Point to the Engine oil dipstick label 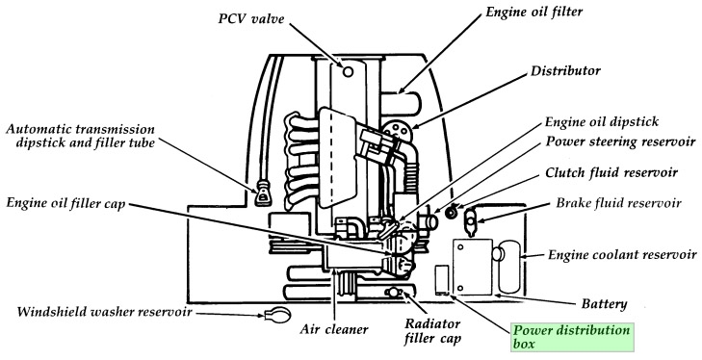click(x=601, y=124)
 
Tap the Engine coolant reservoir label click(x=622, y=255)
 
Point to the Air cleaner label click(x=333, y=330)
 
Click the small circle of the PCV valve click(x=349, y=70)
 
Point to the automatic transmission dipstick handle click(x=260, y=197)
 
